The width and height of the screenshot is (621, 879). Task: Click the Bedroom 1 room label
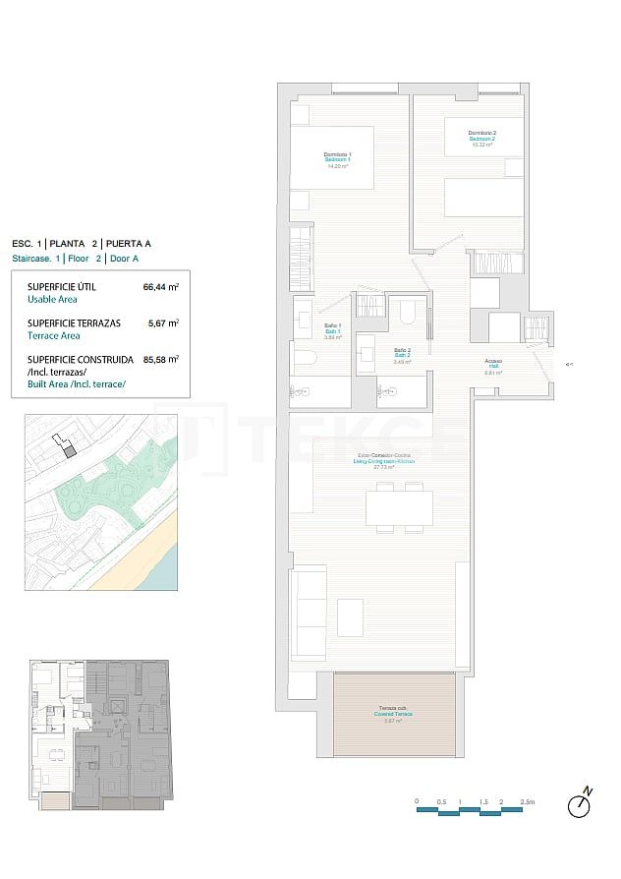[x=338, y=159]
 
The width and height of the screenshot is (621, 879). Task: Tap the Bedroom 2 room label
[x=481, y=138]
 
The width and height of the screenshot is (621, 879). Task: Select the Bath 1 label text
[x=332, y=331]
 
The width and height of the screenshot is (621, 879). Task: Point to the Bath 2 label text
[x=402, y=355]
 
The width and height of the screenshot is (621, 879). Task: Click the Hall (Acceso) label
[x=493, y=366]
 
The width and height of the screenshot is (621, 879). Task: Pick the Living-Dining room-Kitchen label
[x=386, y=460]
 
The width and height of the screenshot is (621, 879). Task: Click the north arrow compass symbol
[x=581, y=803]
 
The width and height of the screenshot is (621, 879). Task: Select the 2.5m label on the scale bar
[x=528, y=802]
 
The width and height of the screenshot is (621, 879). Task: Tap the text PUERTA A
[x=130, y=243]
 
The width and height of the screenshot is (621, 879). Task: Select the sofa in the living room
[x=310, y=612]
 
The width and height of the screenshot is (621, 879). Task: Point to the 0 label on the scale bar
[x=417, y=802]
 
